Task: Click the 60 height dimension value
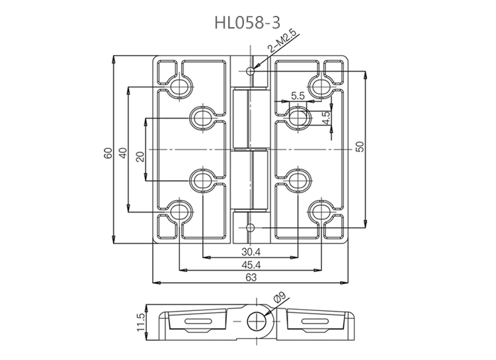pyautogui.click(x=108, y=152)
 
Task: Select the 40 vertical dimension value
pyautogui.click(x=122, y=152)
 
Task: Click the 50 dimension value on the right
pyautogui.click(x=359, y=148)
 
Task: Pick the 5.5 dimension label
pyautogui.click(x=297, y=96)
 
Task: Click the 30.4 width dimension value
pyautogui.click(x=251, y=251)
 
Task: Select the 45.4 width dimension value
pyautogui.click(x=251, y=265)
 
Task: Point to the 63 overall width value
pyautogui.click(x=251, y=278)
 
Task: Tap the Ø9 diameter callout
pyautogui.click(x=277, y=299)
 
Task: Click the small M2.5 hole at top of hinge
pyautogui.click(x=250, y=70)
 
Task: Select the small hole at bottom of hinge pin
pyautogui.click(x=250, y=228)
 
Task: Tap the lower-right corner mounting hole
pyautogui.click(x=320, y=211)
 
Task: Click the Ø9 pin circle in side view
pyautogui.click(x=255, y=322)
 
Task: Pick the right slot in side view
pyautogui.click(x=308, y=322)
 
